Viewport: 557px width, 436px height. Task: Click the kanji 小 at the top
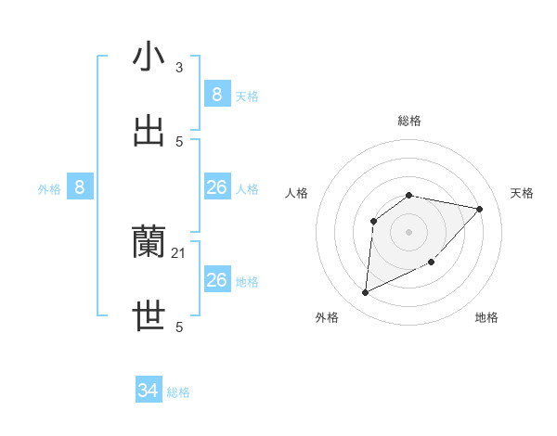pyautogui.click(x=149, y=57)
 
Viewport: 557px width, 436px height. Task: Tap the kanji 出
pyautogui.click(x=149, y=131)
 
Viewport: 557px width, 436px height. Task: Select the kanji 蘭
pyautogui.click(x=149, y=242)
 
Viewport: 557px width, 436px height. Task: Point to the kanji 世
pyautogui.click(x=149, y=316)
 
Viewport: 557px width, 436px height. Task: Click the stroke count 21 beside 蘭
pyautogui.click(x=179, y=253)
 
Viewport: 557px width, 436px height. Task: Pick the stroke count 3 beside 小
pyautogui.click(x=179, y=68)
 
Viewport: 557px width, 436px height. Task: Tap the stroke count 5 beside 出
pyautogui.click(x=179, y=142)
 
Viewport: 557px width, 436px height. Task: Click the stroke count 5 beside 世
pyautogui.click(x=179, y=327)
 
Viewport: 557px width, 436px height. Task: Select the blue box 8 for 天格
pyautogui.click(x=216, y=94)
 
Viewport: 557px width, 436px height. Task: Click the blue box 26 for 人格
pyautogui.click(x=216, y=187)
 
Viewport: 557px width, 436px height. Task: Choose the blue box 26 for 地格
pyautogui.click(x=216, y=279)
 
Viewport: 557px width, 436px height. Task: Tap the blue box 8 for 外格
pyautogui.click(x=80, y=187)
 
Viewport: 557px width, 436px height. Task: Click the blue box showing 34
pyautogui.click(x=149, y=391)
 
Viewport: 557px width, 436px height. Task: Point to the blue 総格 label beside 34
pyautogui.click(x=178, y=392)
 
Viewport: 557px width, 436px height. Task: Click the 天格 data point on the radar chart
pyautogui.click(x=480, y=209)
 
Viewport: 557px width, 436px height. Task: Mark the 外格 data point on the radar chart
pyautogui.click(x=365, y=293)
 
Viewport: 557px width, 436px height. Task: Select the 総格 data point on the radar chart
pyautogui.click(x=409, y=195)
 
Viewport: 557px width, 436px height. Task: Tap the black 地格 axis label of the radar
pyautogui.click(x=486, y=317)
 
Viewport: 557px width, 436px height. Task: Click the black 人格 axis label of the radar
pyautogui.click(x=297, y=193)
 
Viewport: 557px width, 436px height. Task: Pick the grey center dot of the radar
pyautogui.click(x=409, y=231)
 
